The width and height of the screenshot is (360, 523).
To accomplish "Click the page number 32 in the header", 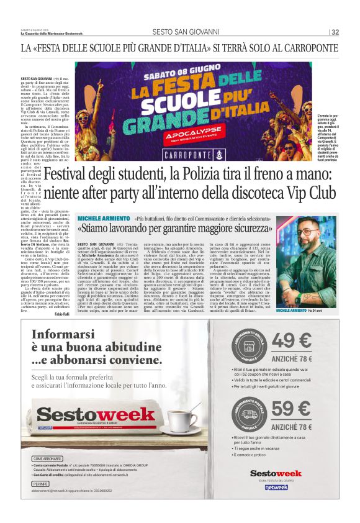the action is (x=335, y=32).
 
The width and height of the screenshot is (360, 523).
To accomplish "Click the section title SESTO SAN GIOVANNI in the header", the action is (x=194, y=32).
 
